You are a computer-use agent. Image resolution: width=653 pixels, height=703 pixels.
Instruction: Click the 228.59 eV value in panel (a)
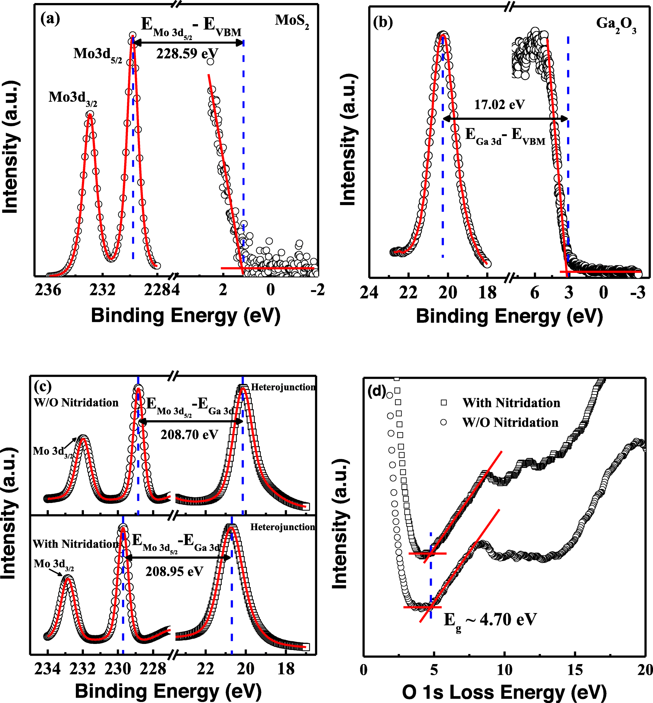pos(187,54)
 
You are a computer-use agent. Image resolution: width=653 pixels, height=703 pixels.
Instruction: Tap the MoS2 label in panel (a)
pos(292,21)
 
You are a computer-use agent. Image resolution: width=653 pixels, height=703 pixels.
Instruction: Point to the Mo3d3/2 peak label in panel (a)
pos(72,98)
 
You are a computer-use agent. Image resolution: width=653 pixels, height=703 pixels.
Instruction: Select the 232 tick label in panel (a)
pos(102,290)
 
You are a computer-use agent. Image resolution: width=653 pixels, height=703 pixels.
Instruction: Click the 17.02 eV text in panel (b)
pos(499,105)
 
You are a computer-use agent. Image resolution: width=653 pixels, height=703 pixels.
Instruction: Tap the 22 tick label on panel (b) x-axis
pos(408,293)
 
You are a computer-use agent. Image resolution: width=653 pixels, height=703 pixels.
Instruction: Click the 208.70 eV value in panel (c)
pos(189,435)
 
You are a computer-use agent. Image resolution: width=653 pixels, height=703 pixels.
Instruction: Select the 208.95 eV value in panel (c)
pos(174,571)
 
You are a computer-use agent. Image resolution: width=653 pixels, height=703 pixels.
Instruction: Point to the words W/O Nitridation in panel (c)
pos(76,403)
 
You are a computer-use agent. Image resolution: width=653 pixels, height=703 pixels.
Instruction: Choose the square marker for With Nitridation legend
pos(444,403)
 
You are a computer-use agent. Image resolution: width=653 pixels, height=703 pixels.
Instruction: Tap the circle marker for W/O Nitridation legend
pos(444,422)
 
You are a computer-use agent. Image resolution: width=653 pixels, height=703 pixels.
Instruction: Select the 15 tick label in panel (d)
pos(575,670)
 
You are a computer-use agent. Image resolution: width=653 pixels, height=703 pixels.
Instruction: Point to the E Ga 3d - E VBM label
pos(505,136)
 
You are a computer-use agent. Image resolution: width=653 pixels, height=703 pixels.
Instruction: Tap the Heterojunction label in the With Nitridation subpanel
pos(282,527)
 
